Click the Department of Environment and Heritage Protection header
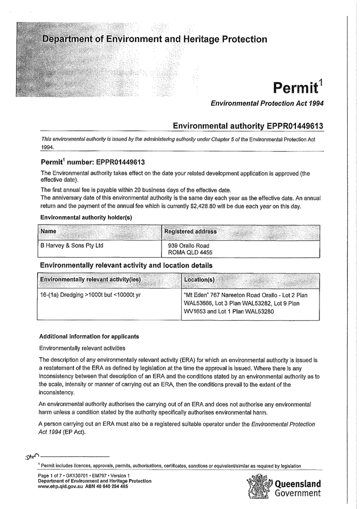click(154, 39)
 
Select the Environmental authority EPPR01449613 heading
click(249, 125)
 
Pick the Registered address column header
click(190, 232)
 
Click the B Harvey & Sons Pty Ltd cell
click(72, 245)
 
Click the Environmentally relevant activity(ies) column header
click(91, 280)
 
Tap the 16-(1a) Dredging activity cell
click(90, 295)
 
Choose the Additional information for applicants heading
click(89, 336)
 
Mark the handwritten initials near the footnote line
click(31, 457)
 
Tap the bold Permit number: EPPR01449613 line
click(93, 162)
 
